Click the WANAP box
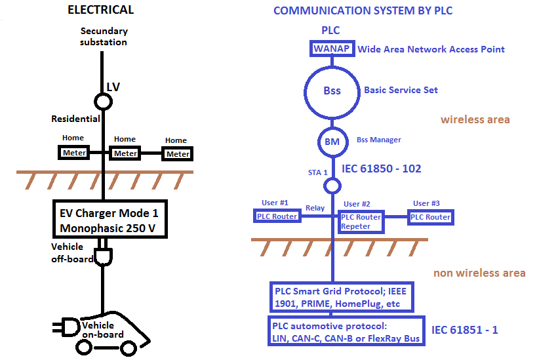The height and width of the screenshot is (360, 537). point(332,49)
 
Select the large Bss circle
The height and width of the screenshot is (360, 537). point(332,90)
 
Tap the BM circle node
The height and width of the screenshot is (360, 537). point(332,140)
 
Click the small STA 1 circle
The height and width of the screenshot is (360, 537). point(332,186)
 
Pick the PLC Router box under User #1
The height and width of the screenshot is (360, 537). point(277,216)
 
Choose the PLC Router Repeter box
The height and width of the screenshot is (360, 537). point(360,222)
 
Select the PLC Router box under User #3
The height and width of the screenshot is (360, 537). point(429,217)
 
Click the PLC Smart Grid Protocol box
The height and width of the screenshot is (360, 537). point(341,297)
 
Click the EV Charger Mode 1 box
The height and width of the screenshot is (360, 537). point(109,221)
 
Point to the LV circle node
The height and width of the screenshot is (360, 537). point(102,102)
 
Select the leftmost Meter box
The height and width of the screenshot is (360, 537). point(74,153)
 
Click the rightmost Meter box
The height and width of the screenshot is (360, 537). point(177,154)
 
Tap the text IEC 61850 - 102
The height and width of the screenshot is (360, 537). point(382,169)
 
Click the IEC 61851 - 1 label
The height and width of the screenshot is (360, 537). point(464,329)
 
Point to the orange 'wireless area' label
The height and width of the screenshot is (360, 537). point(475,119)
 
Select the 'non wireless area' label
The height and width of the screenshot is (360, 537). point(479,273)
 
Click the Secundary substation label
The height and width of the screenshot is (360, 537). point(104,36)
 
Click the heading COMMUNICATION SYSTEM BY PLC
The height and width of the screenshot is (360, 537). point(363,10)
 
